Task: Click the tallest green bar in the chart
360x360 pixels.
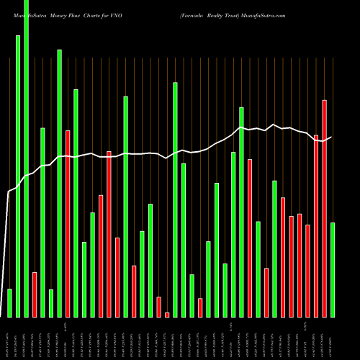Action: tap(26, 158)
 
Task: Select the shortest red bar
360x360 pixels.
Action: tap(167, 315)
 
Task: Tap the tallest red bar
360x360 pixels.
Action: tap(324, 208)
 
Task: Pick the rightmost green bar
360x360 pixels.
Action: tap(333, 269)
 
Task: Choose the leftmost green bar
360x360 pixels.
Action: tap(9, 302)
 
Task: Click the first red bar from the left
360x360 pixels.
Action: tap(34, 294)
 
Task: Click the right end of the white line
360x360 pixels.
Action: tap(331, 137)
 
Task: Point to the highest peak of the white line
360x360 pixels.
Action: tap(273, 125)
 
